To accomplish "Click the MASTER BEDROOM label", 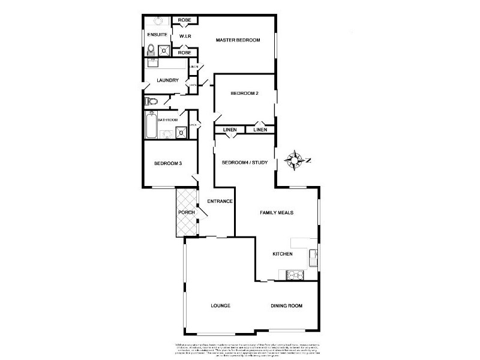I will point(238,40).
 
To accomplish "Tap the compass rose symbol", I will point(295,160).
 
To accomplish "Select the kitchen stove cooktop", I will point(295,275).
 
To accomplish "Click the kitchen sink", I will point(313,259).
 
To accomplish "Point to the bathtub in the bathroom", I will point(151,125).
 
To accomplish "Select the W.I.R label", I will point(185,37).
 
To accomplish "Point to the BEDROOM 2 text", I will point(244,93).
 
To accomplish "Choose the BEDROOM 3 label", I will point(167,163).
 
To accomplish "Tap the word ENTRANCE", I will point(220,201).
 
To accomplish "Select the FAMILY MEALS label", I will point(276,212).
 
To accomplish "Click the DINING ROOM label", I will point(286,305).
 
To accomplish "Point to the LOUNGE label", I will point(220,305).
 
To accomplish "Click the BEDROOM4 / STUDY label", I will point(244,163).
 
